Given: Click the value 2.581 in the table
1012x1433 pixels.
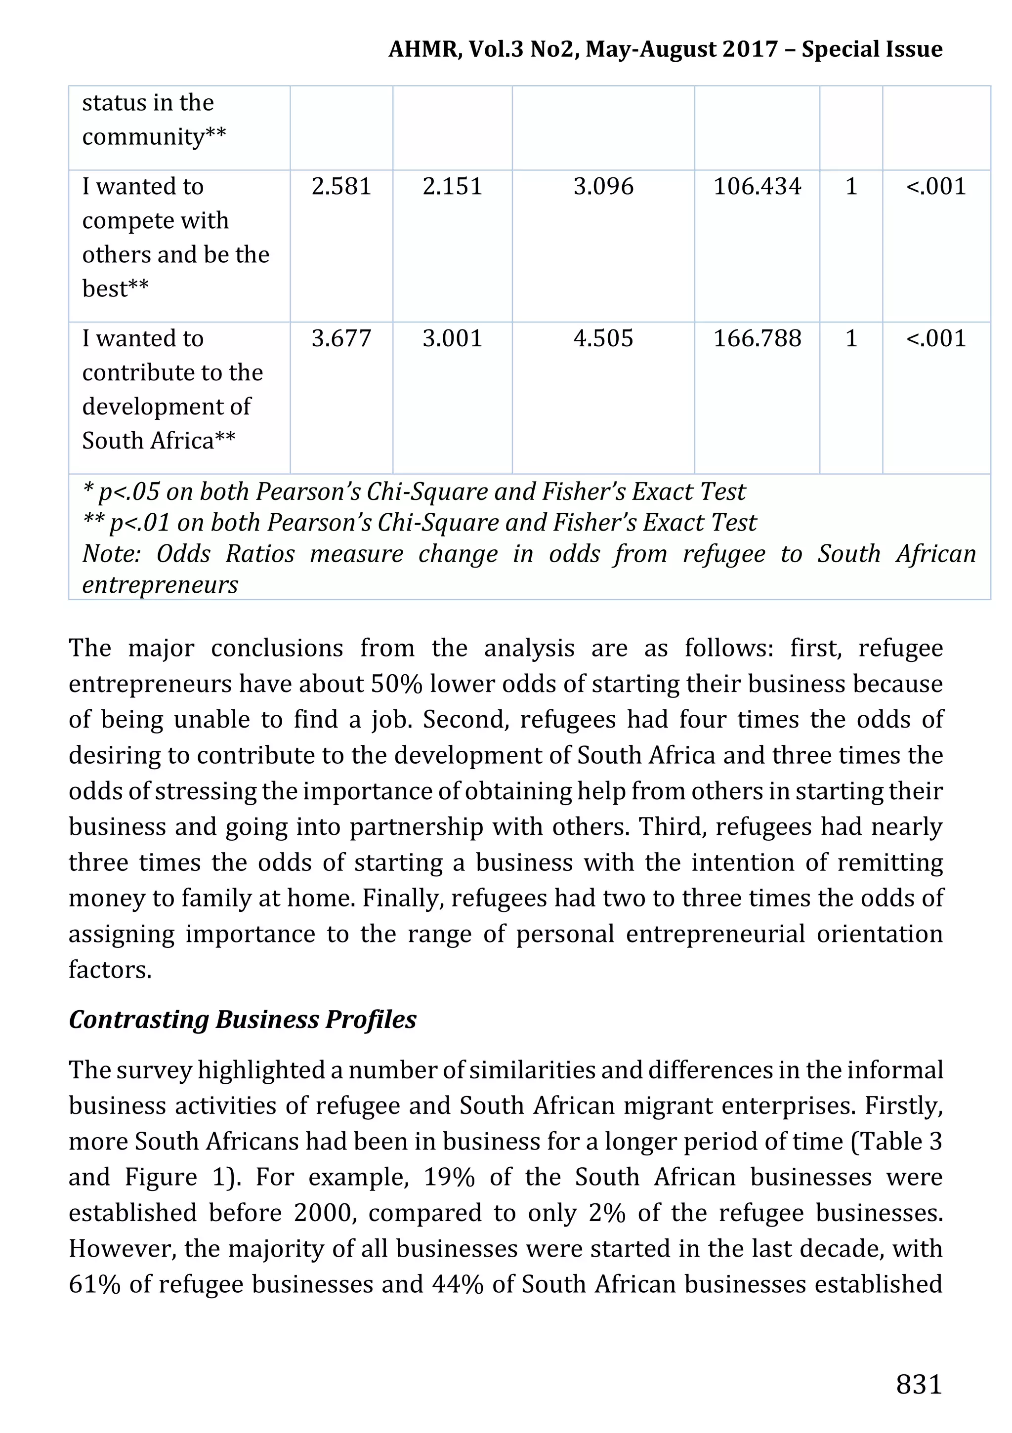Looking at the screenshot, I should [x=341, y=187].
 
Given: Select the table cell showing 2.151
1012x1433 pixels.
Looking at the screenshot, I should [x=452, y=187].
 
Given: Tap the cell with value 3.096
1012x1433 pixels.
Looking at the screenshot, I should [x=603, y=187].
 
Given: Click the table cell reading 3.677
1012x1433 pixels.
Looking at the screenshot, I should [x=341, y=338].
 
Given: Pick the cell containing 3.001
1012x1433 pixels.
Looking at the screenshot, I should [x=452, y=338].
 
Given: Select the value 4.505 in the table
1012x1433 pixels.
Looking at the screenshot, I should [x=603, y=338].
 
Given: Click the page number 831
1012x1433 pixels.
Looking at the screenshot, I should [x=918, y=1384].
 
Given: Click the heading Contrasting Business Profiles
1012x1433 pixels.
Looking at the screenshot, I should [x=242, y=1019].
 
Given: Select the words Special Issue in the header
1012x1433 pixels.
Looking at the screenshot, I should [x=872, y=49].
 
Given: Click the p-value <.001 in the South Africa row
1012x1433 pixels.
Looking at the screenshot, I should [x=935, y=338].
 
